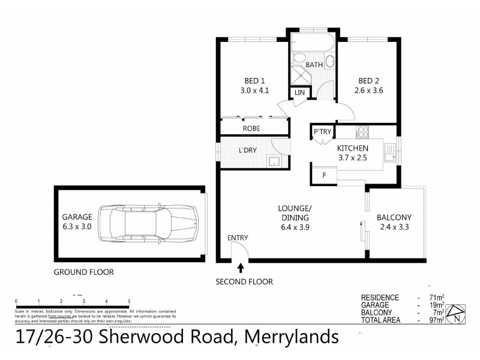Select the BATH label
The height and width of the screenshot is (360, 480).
click(x=314, y=65)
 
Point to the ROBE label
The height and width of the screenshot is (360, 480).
click(x=251, y=128)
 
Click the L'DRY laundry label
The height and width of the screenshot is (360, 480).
click(x=248, y=150)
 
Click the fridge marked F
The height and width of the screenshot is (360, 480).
click(x=325, y=175)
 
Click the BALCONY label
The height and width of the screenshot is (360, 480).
click(x=394, y=217)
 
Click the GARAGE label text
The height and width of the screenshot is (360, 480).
click(x=77, y=217)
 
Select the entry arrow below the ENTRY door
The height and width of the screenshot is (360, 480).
click(x=241, y=267)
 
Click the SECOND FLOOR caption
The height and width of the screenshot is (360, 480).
click(x=245, y=281)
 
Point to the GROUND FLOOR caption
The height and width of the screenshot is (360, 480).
click(x=83, y=272)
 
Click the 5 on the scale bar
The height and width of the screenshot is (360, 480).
click(x=129, y=301)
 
